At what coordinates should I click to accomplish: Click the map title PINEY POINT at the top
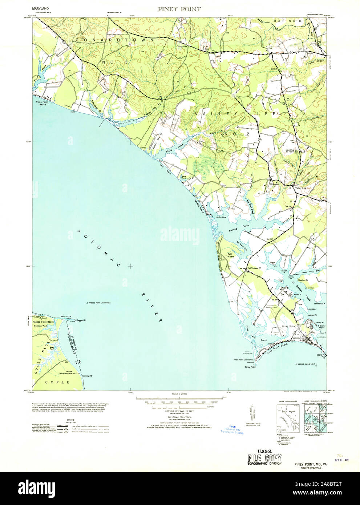coord(179,9)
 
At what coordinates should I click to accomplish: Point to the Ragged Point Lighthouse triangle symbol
coord(87,303)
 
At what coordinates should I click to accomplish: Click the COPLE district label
coord(57,382)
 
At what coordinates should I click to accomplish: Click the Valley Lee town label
coord(301,188)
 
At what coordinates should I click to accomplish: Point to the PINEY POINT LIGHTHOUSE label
coord(246,360)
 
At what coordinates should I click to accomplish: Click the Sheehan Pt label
coord(303,280)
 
